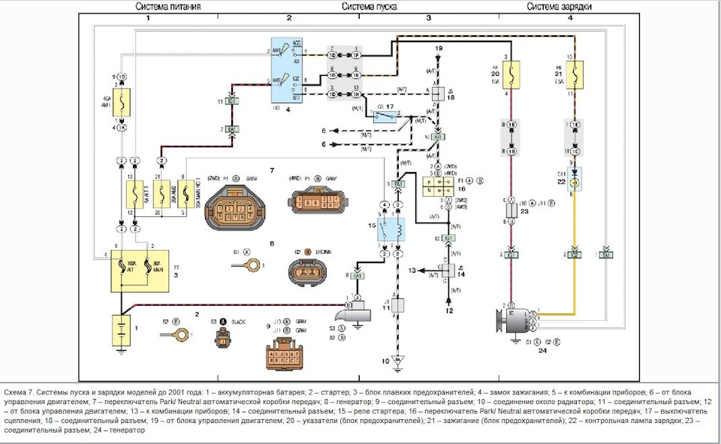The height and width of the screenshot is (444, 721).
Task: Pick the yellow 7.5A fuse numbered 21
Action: coord(574,74)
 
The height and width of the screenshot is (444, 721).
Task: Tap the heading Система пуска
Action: coord(370,7)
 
